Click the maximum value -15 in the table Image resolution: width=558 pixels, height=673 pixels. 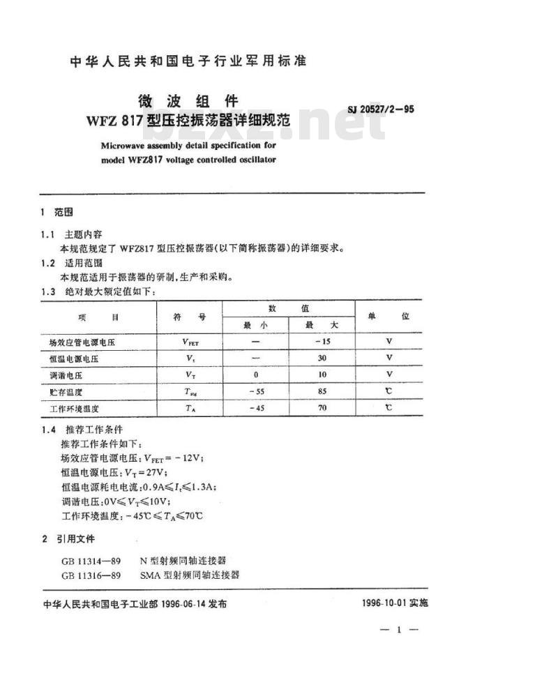tap(322, 341)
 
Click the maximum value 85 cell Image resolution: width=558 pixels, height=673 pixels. tap(322, 391)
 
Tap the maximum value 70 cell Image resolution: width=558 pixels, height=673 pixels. tap(322, 408)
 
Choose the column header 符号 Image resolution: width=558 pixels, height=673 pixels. tap(190, 317)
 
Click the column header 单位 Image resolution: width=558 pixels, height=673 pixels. tap(389, 316)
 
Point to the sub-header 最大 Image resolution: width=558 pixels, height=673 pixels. tap(322, 325)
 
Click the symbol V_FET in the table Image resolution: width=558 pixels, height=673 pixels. tap(190, 342)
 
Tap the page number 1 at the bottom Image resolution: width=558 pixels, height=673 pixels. tap(398, 630)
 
